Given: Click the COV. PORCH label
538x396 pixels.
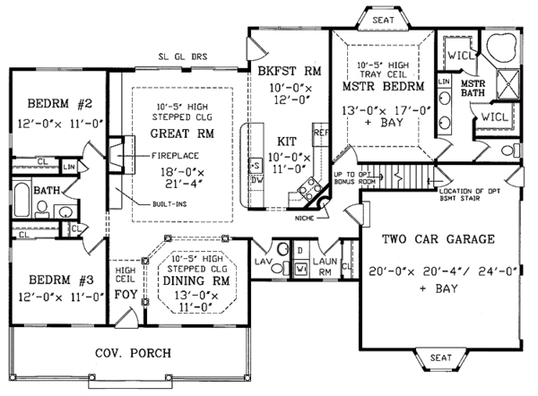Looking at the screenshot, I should (x=134, y=352).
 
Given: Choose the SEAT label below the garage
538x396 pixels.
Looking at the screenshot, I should (x=440, y=357).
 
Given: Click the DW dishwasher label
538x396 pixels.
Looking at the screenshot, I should (x=256, y=179).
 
